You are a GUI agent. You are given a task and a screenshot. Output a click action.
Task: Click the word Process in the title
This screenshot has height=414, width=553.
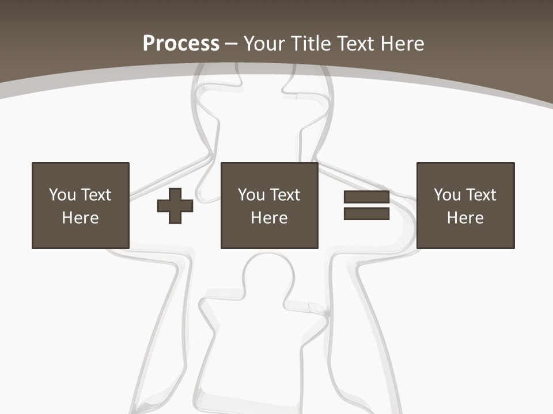pos(181,44)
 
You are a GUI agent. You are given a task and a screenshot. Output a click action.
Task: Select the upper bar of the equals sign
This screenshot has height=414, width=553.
pos(366,197)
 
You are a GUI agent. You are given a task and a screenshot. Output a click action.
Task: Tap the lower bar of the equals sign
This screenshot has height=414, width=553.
pos(366,214)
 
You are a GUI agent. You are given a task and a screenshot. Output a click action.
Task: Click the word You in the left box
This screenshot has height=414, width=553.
pos(63,195)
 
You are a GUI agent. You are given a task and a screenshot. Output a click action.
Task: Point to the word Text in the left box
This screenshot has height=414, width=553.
pos(96,195)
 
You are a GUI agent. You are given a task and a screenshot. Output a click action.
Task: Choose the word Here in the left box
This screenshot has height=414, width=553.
pos(80,218)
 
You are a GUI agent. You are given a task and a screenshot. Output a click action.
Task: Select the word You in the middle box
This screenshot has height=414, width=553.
pos(252,195)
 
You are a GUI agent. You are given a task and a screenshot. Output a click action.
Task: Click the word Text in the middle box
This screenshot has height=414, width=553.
pos(285,195)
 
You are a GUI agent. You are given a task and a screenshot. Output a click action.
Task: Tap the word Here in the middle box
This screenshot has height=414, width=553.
pos(269,218)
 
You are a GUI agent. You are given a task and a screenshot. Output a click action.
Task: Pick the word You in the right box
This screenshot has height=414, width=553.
pos(448,195)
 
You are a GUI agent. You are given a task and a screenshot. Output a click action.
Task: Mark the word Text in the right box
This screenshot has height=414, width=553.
pos(480,195)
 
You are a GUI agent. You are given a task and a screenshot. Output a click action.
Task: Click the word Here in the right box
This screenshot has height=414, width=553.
pos(465,218)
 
